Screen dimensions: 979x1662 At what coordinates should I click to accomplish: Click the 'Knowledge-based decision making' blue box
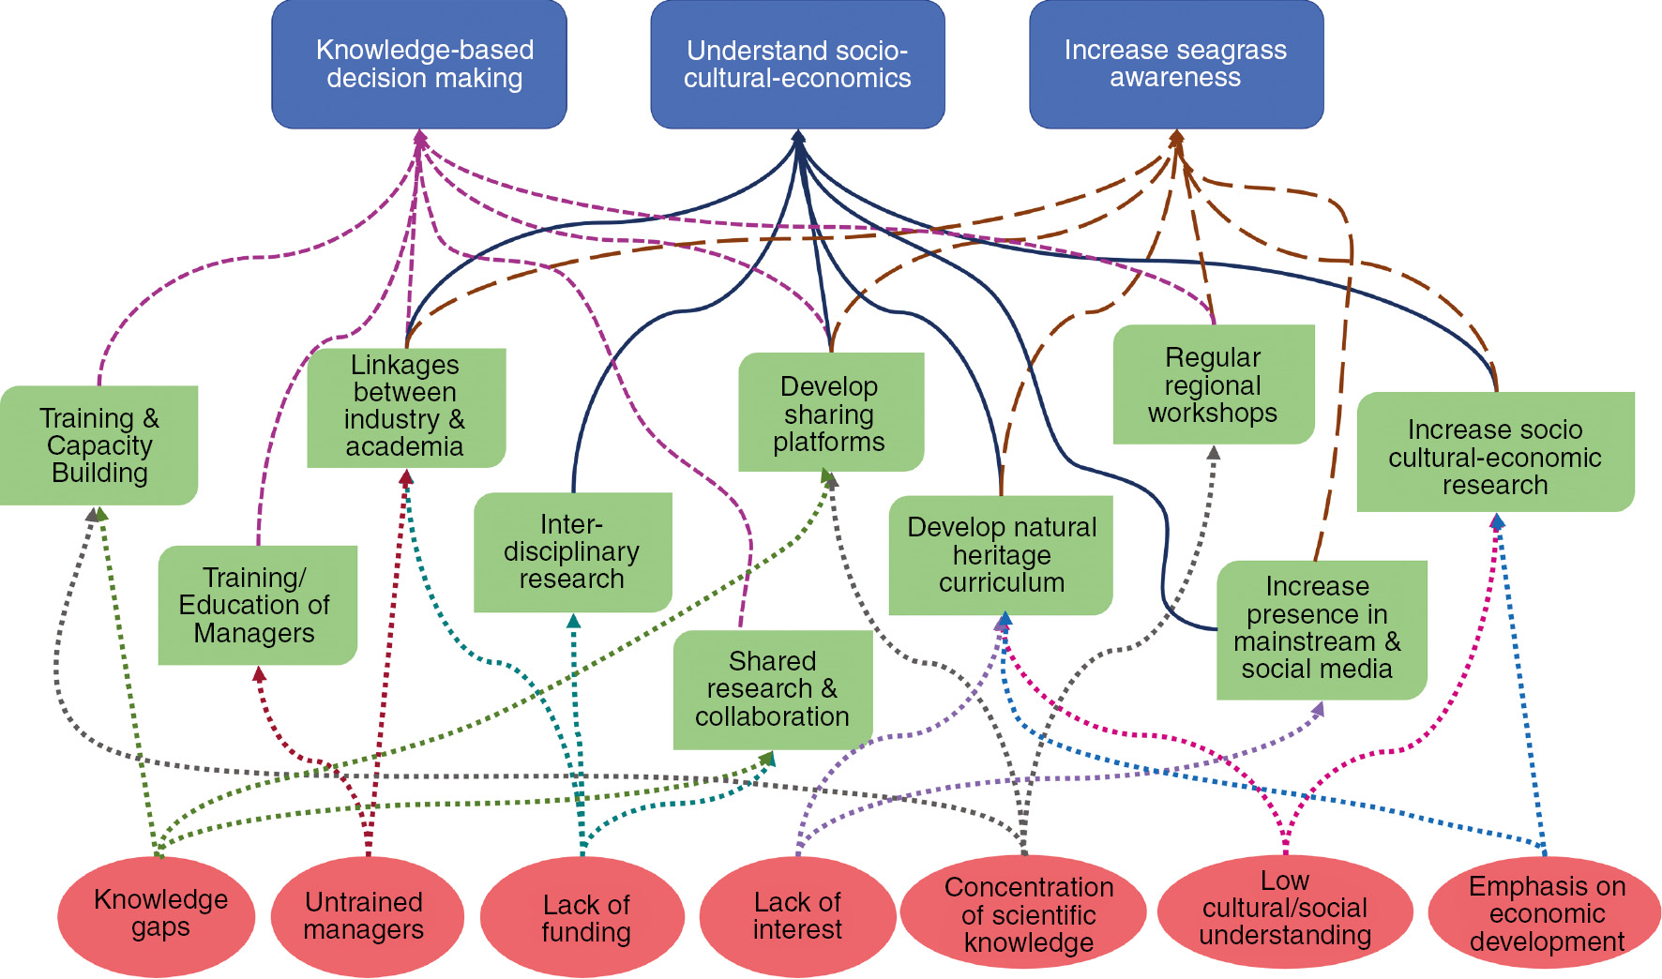tap(419, 64)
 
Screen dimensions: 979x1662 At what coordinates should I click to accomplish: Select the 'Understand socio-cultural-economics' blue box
tap(797, 64)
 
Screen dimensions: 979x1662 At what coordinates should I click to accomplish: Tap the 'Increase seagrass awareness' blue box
tap(1176, 64)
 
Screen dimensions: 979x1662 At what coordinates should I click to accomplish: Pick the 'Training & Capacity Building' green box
tap(99, 445)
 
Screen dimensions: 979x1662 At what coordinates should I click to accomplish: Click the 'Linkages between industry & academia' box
tap(406, 407)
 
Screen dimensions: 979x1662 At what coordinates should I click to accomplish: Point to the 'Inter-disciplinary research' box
tap(572, 551)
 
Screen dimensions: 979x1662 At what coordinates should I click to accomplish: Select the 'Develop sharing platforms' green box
tap(831, 413)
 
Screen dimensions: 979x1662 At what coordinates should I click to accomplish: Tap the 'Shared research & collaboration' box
tap(773, 689)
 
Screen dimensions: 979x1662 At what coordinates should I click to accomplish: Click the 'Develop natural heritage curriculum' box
tap(1001, 555)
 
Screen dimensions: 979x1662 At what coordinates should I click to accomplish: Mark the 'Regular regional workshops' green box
tap(1214, 384)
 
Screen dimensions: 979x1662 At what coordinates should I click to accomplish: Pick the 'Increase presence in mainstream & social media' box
tap(1321, 628)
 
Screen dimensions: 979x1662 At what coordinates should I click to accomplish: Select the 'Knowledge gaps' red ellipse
tap(157, 915)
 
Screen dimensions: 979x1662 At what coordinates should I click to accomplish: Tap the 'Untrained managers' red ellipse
tap(367, 916)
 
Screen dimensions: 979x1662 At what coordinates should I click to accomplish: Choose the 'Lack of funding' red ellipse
tap(582, 918)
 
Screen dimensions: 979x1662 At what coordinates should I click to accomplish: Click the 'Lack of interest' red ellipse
tap(797, 916)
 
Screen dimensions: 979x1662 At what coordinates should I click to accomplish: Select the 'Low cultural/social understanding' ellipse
tap(1285, 911)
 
